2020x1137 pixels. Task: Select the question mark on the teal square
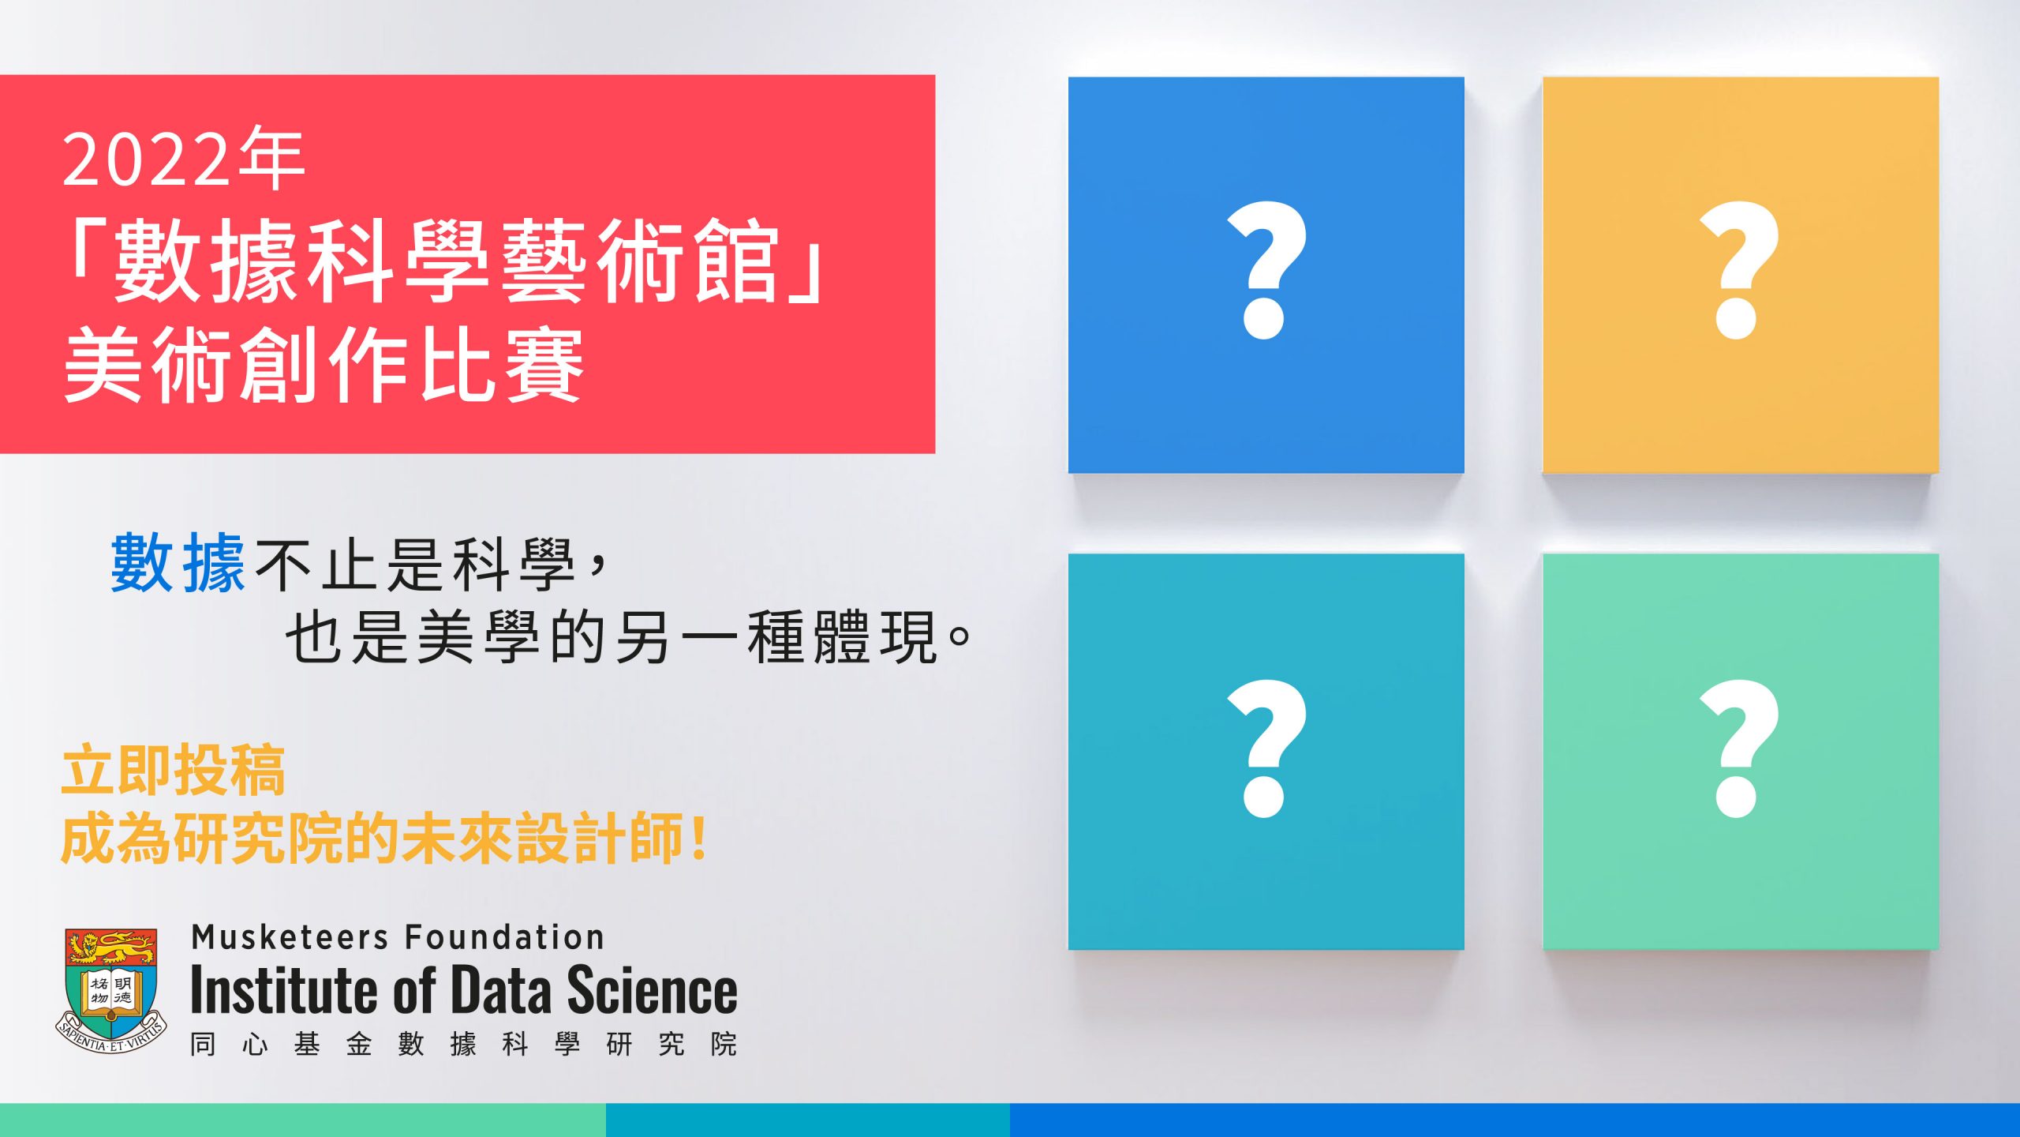1266,747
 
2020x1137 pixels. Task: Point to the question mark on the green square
1738,747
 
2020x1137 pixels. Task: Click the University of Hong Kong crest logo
111,990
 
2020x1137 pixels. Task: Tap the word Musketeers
290,937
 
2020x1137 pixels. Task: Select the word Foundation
505,937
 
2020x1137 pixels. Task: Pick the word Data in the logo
502,990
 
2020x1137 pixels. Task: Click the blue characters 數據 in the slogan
178,563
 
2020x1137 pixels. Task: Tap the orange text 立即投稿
174,769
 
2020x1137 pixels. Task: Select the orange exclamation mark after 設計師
698,839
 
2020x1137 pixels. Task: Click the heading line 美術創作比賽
324,365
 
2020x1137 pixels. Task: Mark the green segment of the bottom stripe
303,1120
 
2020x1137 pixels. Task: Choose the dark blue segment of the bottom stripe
1515,1120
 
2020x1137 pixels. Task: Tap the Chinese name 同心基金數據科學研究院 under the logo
464,1044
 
